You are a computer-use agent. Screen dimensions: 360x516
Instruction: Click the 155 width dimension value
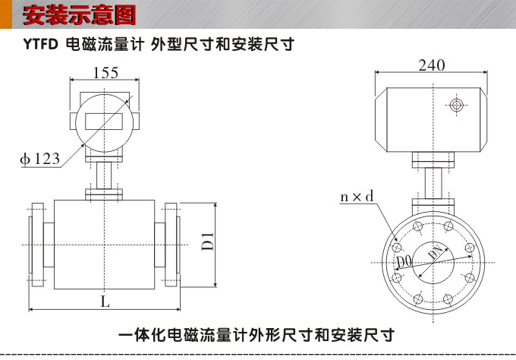[x=105, y=73]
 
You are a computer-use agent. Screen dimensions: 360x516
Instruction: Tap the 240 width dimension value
[x=431, y=66]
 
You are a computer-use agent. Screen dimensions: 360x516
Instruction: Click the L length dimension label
[x=105, y=301]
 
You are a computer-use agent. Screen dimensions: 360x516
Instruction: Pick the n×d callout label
[x=357, y=197]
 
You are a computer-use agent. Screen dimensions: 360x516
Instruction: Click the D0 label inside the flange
[x=404, y=263]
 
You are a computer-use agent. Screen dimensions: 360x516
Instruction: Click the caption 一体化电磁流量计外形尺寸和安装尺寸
[x=257, y=335]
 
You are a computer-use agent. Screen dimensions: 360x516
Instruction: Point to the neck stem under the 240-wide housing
[x=433, y=185]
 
